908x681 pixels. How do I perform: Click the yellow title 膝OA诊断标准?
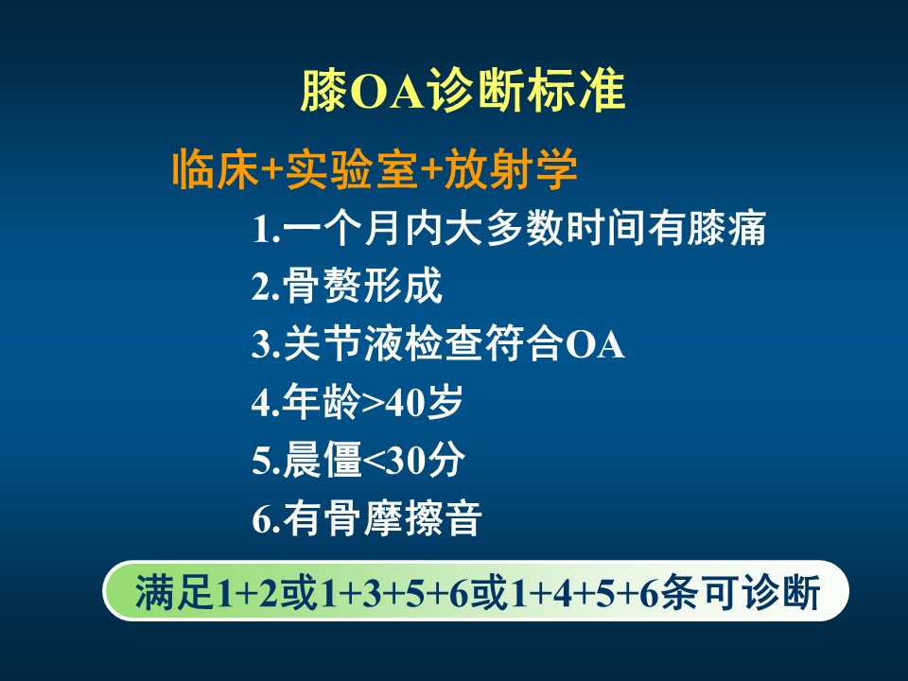click(x=463, y=91)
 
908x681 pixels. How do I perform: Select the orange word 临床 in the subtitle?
click(x=216, y=169)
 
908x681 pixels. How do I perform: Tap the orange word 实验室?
click(x=350, y=169)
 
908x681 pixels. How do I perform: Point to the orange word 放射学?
click(x=512, y=169)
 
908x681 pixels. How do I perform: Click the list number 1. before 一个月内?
click(x=267, y=230)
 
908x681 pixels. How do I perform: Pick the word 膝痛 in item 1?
click(x=726, y=228)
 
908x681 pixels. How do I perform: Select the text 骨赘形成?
click(x=363, y=286)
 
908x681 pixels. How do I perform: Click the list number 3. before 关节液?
click(x=267, y=344)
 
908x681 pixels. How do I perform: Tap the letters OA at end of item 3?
click(x=595, y=345)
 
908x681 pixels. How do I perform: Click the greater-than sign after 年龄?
click(x=372, y=404)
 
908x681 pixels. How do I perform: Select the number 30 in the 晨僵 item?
click(x=407, y=462)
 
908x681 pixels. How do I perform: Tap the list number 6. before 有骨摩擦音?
click(x=267, y=519)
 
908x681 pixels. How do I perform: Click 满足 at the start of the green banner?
click(x=174, y=592)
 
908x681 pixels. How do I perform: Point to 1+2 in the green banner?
click(x=247, y=593)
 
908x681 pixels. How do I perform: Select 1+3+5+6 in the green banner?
click(x=393, y=593)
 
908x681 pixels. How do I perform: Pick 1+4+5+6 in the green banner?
click(x=585, y=593)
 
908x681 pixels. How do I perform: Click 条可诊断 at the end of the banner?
click(x=741, y=592)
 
